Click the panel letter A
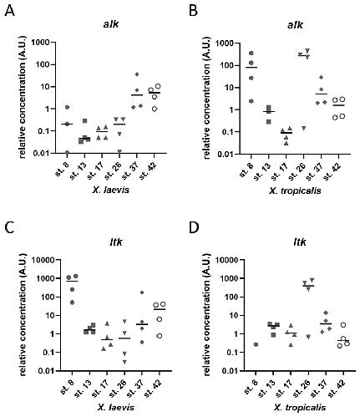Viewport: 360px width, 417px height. click(10, 11)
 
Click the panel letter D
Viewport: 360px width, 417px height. click(194, 228)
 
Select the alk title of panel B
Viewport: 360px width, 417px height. click(295, 25)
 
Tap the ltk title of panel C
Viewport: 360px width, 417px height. click(115, 242)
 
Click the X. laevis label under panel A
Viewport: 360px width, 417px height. click(111, 190)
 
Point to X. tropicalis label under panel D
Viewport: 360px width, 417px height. click(300, 408)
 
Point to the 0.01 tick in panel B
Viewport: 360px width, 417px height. click(226, 154)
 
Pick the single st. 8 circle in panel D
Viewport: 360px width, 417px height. click(256, 344)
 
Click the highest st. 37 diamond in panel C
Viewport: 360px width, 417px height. click(142, 292)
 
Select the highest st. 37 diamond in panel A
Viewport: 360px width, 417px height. click(137, 74)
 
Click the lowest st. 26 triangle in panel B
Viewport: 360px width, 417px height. click(304, 128)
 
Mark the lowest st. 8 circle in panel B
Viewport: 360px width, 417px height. click(251, 101)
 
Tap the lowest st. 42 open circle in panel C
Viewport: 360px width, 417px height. click(159, 336)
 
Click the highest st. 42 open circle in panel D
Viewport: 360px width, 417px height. click(343, 325)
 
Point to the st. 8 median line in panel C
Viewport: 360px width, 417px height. click(72, 281)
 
